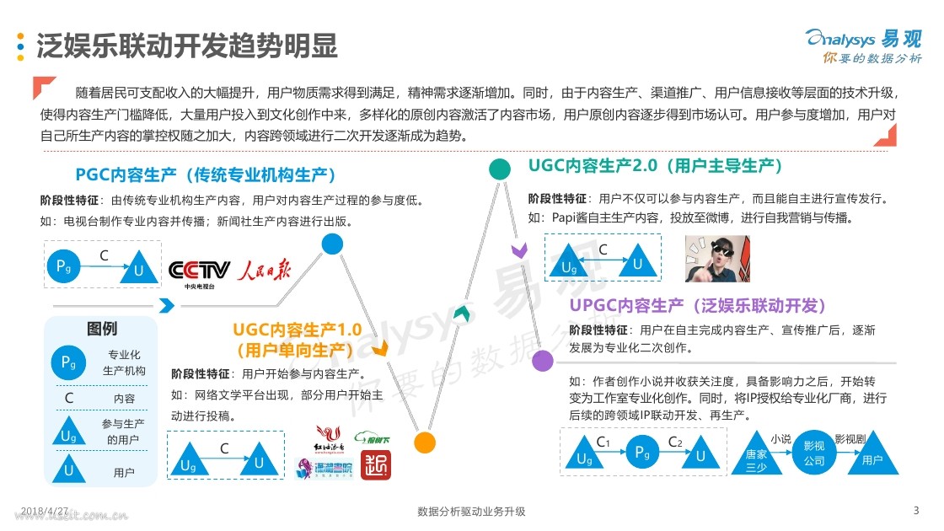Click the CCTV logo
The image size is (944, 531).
click(x=200, y=271)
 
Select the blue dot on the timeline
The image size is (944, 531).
click(x=332, y=244)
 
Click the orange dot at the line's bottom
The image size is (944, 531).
click(x=425, y=442)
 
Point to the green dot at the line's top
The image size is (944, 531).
click(x=500, y=169)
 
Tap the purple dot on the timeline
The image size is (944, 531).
click(x=544, y=361)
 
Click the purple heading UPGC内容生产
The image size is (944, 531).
click(x=699, y=304)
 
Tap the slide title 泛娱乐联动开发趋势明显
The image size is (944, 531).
click(x=186, y=46)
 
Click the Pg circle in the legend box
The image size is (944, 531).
click(x=68, y=362)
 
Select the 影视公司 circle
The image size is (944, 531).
click(x=814, y=453)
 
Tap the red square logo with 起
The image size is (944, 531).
click(x=376, y=464)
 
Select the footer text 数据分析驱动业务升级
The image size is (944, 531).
click(x=472, y=512)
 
